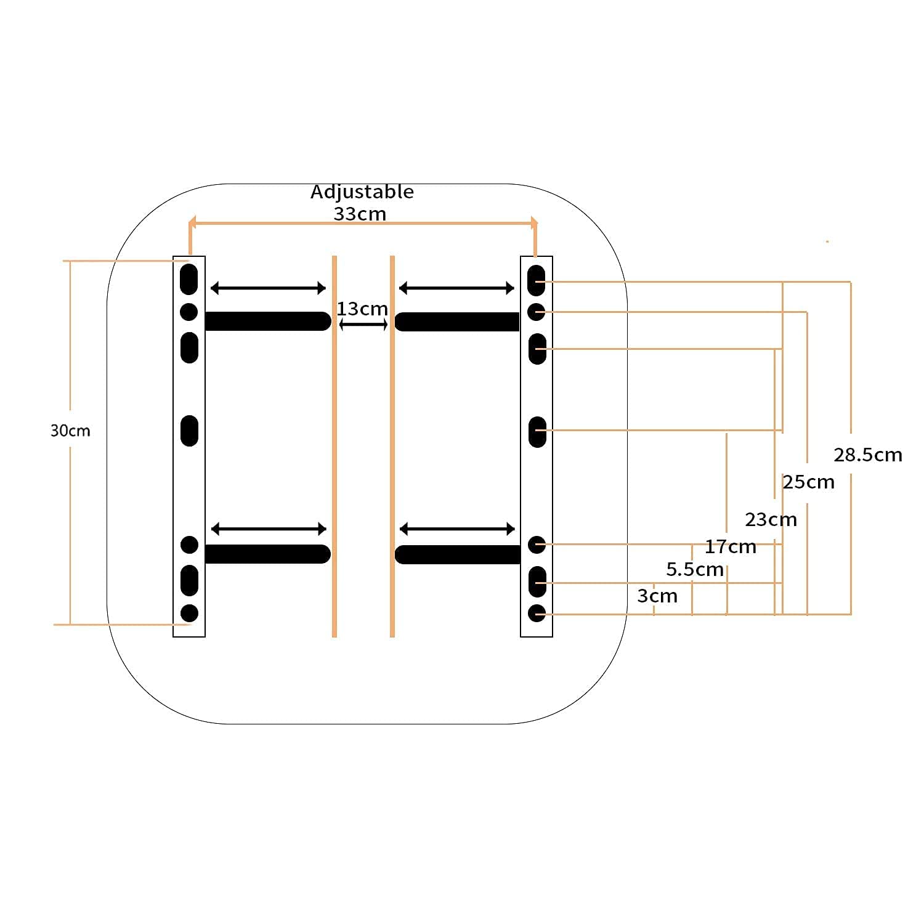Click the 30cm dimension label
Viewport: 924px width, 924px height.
tap(70, 430)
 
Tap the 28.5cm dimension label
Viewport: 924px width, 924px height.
tap(867, 455)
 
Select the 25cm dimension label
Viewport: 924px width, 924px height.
tap(808, 482)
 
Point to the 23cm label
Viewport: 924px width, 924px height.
tap(771, 520)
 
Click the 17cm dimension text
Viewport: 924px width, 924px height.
tap(731, 546)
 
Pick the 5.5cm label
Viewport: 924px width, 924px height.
tap(695, 569)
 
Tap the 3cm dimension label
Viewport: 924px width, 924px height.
tap(657, 596)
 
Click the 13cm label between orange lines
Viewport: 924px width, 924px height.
tap(362, 309)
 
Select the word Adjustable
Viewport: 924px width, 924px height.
tap(362, 192)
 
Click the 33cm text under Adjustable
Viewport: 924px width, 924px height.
tap(360, 214)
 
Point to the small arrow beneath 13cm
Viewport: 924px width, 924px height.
tap(363, 325)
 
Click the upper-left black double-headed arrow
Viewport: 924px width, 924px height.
tap(268, 288)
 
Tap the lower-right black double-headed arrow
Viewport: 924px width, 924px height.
tap(457, 529)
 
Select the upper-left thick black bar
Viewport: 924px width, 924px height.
tap(268, 321)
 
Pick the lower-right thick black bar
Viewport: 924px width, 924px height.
tap(458, 554)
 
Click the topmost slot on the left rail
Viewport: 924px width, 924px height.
tap(188, 279)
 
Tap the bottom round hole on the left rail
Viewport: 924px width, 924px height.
tap(189, 613)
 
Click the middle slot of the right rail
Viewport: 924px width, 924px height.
tap(537, 431)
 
